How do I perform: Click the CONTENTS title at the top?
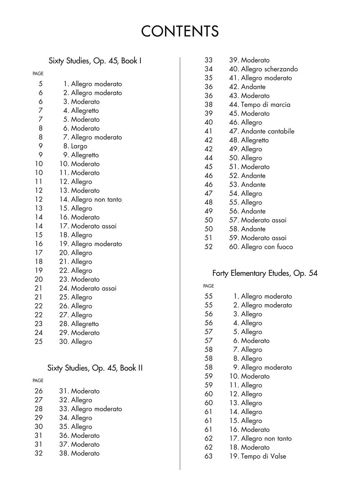click(x=180, y=31)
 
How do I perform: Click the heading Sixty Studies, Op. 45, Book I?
click(x=95, y=61)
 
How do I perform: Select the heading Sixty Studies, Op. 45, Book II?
click(x=95, y=368)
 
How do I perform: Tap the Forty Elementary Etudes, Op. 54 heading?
click(x=265, y=273)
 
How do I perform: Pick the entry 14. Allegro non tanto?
click(x=90, y=199)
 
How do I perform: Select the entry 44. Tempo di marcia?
click(x=260, y=105)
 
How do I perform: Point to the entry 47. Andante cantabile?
click(x=262, y=131)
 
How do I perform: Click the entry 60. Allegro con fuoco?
click(x=261, y=247)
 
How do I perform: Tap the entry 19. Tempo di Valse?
click(x=257, y=456)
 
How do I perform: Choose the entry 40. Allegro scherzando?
click(x=263, y=69)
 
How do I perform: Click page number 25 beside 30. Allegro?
click(x=38, y=342)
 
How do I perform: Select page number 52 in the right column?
click(x=208, y=247)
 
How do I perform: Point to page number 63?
click(x=208, y=456)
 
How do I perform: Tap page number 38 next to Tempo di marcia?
click(x=208, y=105)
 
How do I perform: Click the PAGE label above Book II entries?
click(x=38, y=380)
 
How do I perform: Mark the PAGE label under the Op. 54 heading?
click(x=208, y=286)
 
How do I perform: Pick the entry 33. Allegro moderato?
click(x=90, y=409)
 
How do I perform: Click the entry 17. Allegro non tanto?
click(x=260, y=438)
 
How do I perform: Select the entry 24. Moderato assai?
click(x=88, y=288)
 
